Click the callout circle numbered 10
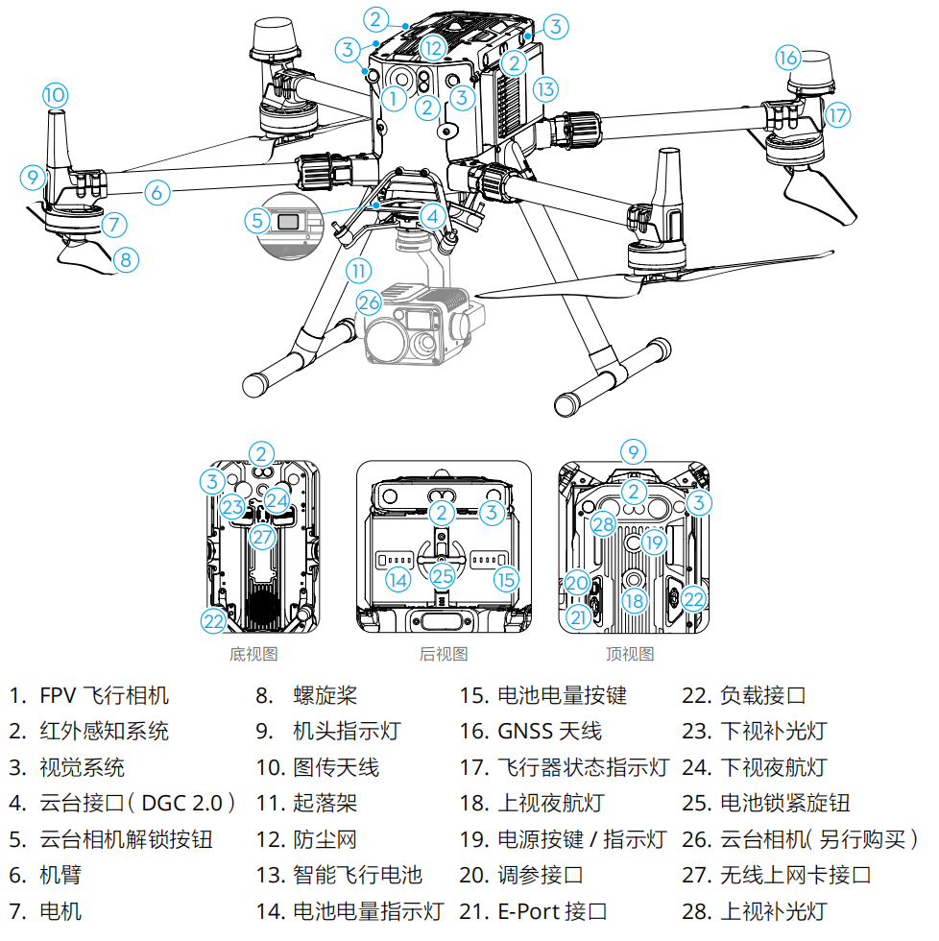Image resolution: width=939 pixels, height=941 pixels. (55, 94)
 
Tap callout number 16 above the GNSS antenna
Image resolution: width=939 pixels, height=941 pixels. (788, 58)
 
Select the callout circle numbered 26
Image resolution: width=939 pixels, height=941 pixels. (370, 302)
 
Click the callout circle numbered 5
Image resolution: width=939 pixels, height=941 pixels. (256, 221)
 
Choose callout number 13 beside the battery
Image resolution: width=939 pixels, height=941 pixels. (544, 89)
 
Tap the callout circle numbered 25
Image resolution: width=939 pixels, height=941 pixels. (442, 576)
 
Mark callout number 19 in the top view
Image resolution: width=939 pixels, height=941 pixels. (654, 543)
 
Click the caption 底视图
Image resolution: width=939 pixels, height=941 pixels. (253, 654)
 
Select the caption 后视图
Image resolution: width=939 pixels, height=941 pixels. (444, 654)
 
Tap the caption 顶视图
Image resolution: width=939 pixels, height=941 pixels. (630, 654)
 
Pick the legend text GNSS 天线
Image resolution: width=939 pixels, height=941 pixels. (549, 731)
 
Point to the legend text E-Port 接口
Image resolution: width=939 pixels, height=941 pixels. (552, 911)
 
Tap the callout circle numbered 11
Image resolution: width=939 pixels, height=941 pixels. (357, 271)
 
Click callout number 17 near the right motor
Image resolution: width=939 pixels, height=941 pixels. (837, 115)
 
